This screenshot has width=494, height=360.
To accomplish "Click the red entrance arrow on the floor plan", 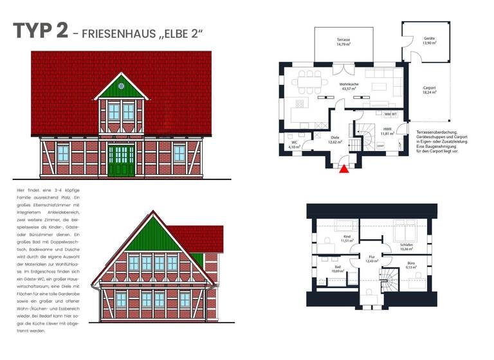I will (x=344, y=170).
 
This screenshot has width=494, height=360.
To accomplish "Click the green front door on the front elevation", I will (x=121, y=161).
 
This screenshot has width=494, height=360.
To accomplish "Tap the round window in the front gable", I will (x=121, y=85).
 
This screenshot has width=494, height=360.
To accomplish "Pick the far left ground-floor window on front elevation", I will (x=63, y=153).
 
